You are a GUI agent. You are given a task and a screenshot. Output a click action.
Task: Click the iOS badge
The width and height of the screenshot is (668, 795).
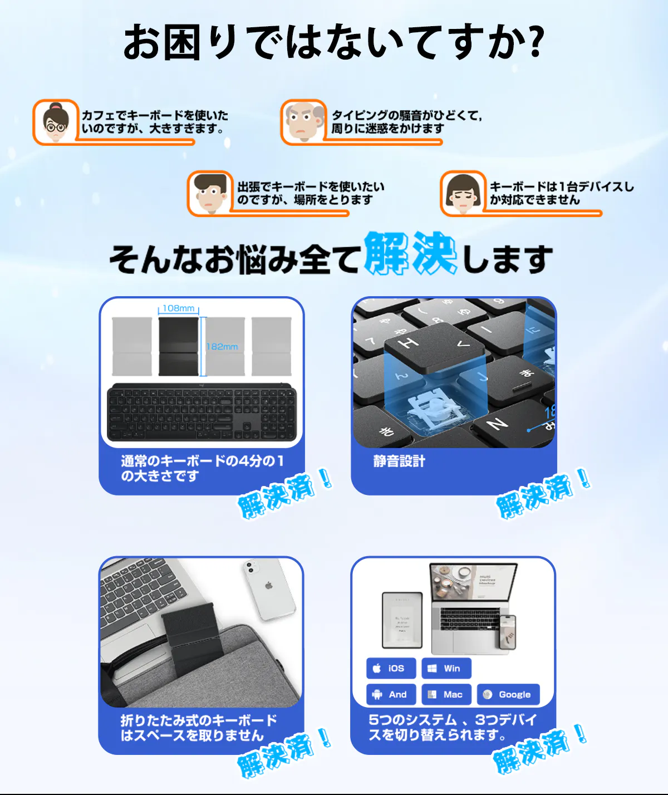click(391, 668)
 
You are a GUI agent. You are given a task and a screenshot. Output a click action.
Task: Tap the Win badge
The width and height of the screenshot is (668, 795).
click(446, 668)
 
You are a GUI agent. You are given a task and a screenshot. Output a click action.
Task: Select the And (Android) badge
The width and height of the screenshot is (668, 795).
click(391, 694)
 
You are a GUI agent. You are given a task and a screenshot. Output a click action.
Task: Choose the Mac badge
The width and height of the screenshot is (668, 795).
click(446, 694)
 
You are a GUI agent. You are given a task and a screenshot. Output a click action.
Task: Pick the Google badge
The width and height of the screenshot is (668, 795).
click(508, 694)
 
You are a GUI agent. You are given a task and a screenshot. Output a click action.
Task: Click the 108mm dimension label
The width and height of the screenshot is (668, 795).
click(178, 308)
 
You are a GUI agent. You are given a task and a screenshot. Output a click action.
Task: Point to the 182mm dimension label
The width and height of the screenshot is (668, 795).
click(222, 346)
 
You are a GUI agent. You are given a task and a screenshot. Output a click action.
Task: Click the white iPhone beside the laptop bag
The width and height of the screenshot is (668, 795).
click(269, 590)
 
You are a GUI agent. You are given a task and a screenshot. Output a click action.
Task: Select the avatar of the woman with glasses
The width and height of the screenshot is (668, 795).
click(56, 122)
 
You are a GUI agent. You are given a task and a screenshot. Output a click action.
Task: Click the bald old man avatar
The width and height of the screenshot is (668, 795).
click(304, 122)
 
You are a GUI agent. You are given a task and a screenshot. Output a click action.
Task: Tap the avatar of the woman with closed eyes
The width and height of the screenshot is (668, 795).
click(463, 193)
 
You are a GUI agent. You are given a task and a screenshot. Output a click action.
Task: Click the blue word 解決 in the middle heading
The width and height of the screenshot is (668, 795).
click(411, 253)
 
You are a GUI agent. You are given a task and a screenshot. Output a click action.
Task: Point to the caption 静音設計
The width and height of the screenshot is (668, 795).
click(399, 462)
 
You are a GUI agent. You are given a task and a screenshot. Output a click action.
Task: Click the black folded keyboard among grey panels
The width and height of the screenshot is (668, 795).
click(178, 346)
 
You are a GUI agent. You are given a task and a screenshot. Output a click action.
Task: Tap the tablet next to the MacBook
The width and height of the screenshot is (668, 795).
click(402, 620)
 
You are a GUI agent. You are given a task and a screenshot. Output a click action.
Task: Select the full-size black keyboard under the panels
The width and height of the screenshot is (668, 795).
click(202, 412)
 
